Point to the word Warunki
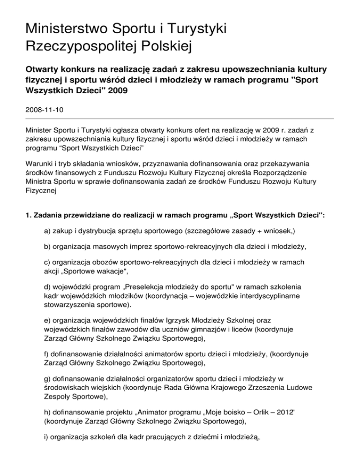[40, 165]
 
